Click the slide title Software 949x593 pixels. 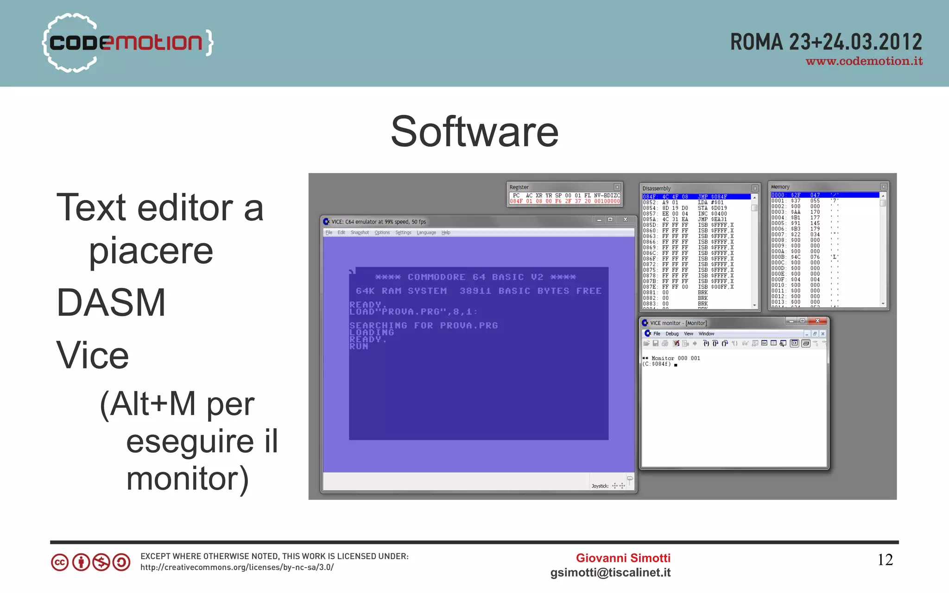coord(474,132)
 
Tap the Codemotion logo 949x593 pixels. coord(127,43)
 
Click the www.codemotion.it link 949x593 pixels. coord(864,62)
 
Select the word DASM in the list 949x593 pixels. coord(111,303)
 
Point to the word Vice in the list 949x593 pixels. coord(93,356)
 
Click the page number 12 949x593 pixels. coord(885,560)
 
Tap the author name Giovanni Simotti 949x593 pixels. coord(623,558)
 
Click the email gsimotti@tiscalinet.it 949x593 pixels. coord(610,573)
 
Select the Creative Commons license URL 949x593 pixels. coord(237,568)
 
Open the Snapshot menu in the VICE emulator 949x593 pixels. coord(360,233)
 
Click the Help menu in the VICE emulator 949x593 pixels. coord(446,233)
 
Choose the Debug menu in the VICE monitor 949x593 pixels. coord(672,334)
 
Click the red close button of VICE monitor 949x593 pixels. coord(817,321)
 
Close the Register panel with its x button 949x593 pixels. coord(617,187)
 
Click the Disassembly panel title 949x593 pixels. coord(657,188)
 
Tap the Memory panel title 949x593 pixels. coord(780,187)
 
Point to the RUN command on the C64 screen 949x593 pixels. coord(359,346)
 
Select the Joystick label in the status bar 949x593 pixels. coord(600,486)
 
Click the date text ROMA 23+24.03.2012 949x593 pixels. coord(826,42)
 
